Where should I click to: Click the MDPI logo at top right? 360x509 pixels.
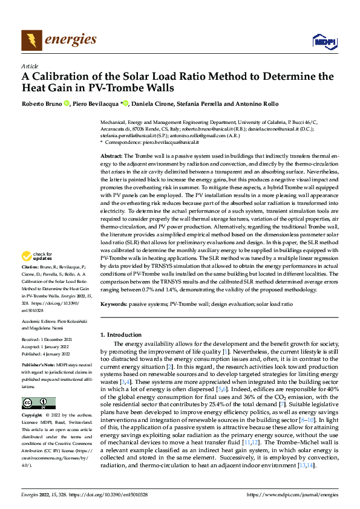click(323, 41)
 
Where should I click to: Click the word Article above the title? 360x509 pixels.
click(30, 66)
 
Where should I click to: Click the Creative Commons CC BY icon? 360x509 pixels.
click(39, 403)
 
